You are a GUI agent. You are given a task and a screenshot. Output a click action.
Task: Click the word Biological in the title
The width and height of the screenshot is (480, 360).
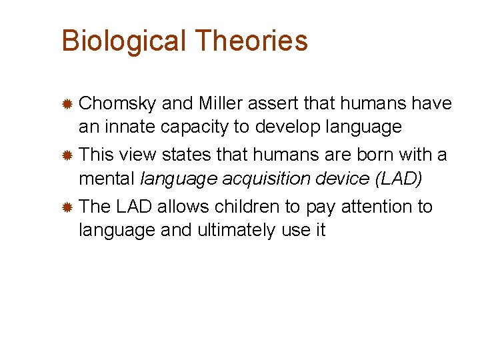coord(123,41)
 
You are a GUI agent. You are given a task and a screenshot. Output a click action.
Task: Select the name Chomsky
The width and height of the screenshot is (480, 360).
coord(118,104)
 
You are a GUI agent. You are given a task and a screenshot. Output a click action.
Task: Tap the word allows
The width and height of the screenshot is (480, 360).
coord(181,207)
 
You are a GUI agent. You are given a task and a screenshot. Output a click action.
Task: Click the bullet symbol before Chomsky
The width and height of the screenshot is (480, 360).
coord(67,105)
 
